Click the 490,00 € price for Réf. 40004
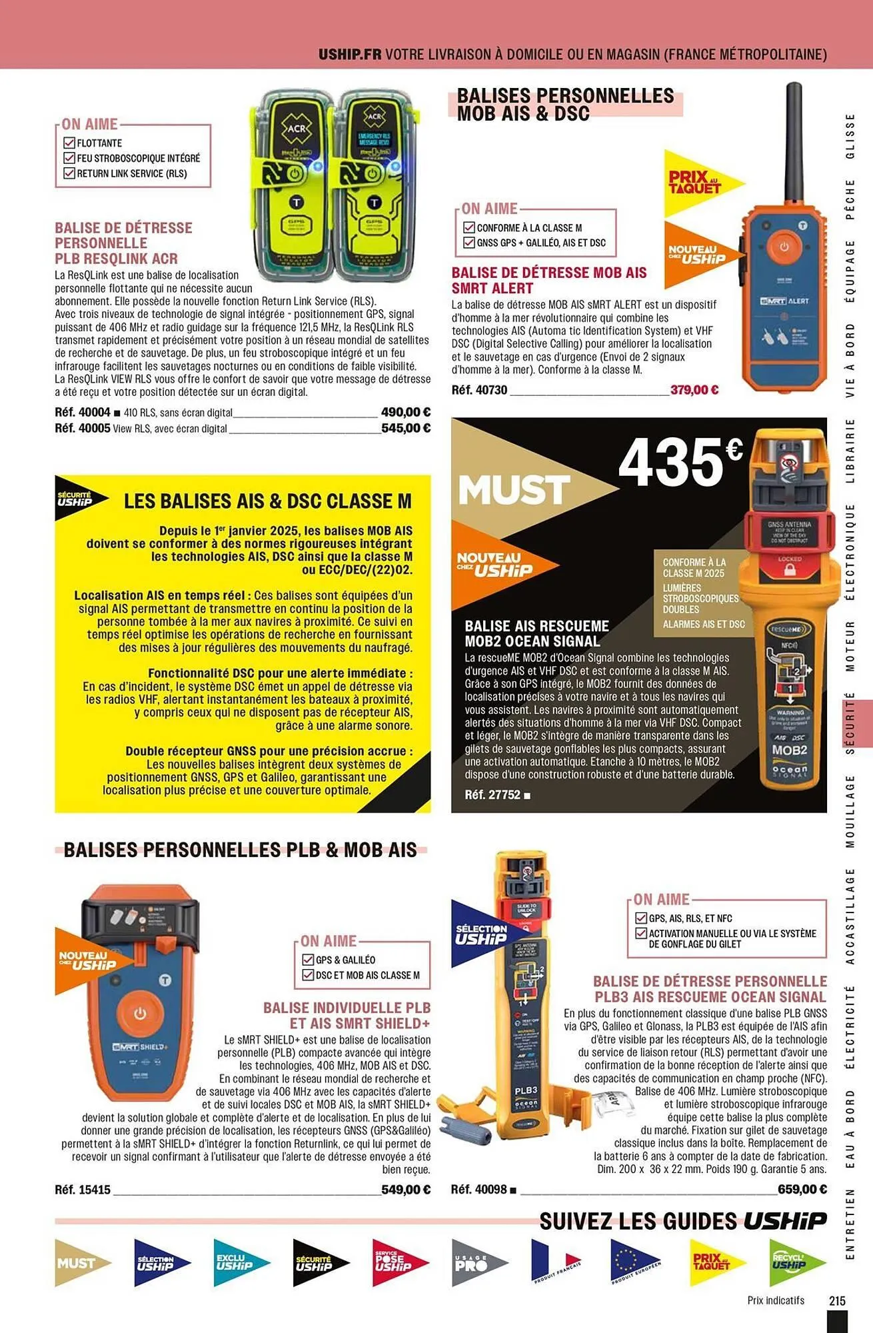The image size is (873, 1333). pyautogui.click(x=405, y=413)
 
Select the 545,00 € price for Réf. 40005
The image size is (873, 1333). pyautogui.click(x=405, y=428)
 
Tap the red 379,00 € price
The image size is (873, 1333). pyautogui.click(x=694, y=390)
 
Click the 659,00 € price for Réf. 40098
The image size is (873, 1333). pyautogui.click(x=802, y=1189)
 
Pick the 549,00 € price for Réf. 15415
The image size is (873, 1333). pyautogui.click(x=405, y=1189)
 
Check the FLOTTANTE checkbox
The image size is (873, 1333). pyautogui.click(x=69, y=143)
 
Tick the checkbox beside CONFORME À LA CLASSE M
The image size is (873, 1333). pyautogui.click(x=469, y=227)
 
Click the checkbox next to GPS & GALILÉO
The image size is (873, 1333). pyautogui.click(x=308, y=960)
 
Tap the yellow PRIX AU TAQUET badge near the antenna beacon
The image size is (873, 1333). pyautogui.click(x=696, y=182)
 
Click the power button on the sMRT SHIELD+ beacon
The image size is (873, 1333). pyautogui.click(x=140, y=1014)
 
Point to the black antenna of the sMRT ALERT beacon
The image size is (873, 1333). pyautogui.click(x=793, y=140)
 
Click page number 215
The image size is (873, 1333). pyautogui.click(x=837, y=1300)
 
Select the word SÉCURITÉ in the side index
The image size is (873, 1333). pyautogui.click(x=850, y=723)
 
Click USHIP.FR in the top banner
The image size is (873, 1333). pyautogui.click(x=350, y=54)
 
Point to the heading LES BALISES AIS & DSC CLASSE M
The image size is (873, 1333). pyautogui.click(x=268, y=501)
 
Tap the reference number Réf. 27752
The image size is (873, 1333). pyautogui.click(x=492, y=794)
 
